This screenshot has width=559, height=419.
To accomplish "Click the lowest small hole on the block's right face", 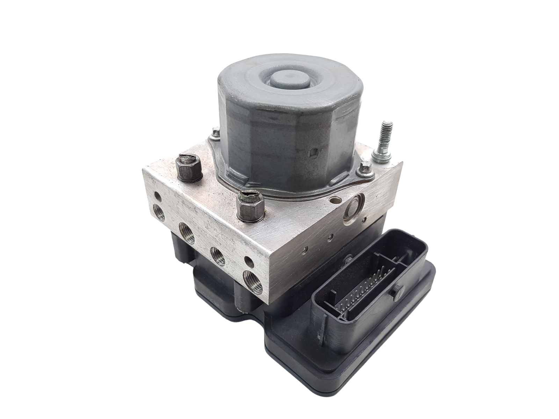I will tap(306, 249).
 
